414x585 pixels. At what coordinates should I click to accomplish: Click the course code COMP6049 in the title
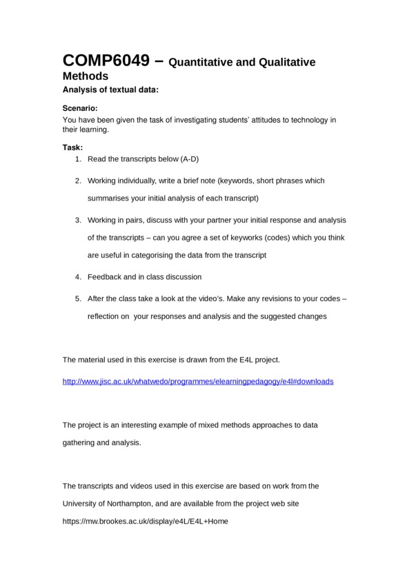pos(104,60)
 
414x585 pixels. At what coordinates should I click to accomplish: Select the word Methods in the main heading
pos(86,76)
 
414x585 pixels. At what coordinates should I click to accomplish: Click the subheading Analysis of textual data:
pos(111,89)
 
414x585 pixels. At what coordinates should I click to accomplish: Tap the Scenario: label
pos(80,109)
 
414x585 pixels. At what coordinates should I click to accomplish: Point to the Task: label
pos(72,147)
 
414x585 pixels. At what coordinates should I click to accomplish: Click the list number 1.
pos(78,159)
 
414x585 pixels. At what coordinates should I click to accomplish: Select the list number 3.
pos(78,220)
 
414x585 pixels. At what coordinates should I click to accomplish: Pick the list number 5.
pos(78,299)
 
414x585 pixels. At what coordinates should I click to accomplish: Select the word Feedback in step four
pos(106,276)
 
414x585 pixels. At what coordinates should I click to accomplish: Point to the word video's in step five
pos(246,299)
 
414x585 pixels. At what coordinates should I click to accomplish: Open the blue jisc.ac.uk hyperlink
pos(197,381)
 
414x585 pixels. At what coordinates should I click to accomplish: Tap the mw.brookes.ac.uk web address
pos(145,522)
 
